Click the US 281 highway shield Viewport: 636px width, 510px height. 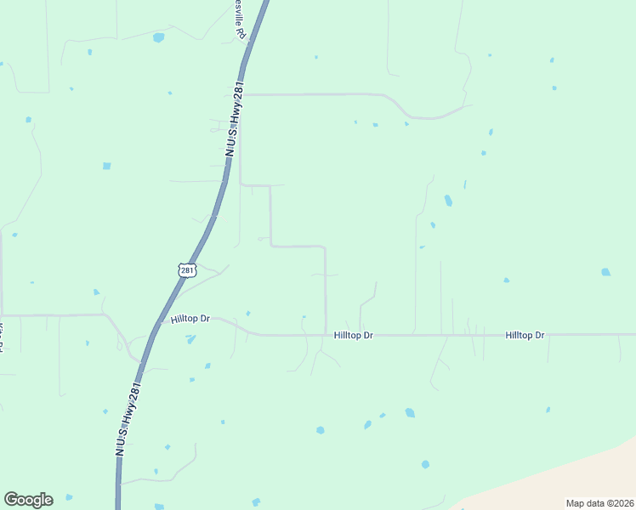click(188, 270)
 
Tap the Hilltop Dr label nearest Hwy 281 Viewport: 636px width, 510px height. click(190, 319)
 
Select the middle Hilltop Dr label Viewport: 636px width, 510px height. click(354, 336)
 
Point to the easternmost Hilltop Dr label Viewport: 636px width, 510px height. click(525, 336)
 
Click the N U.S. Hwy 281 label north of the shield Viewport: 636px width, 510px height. click(231, 119)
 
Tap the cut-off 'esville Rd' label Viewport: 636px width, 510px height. click(241, 20)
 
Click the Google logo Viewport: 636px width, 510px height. click(28, 500)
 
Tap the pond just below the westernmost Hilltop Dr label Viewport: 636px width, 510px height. click(190, 339)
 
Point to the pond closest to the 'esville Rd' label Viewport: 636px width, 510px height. click(158, 37)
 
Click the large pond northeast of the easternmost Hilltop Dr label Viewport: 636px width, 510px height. click(605, 272)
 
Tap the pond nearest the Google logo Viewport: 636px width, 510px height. click(69, 496)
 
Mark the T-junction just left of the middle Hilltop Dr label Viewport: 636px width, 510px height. click(326, 335)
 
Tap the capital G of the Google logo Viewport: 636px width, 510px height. click(11, 499)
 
